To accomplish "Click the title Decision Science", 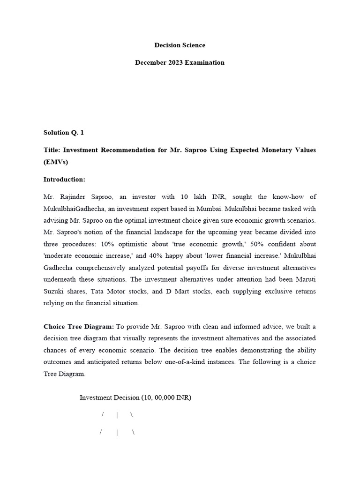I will point(180,45).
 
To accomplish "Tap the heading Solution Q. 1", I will point(64,133).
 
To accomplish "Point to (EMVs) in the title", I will point(56,162).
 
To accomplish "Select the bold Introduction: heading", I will point(64,180).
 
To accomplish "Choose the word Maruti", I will point(306,279).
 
